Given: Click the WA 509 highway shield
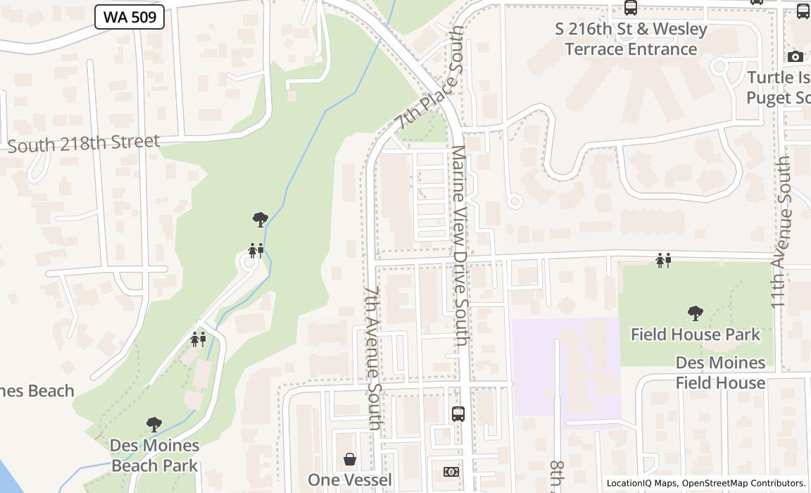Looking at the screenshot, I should click(x=130, y=18).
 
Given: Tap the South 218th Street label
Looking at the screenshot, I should click(x=84, y=144).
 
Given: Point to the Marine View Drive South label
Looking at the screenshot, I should click(x=460, y=246).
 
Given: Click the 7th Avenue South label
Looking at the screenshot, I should click(x=373, y=357).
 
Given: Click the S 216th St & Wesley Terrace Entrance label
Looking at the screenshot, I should click(x=631, y=39).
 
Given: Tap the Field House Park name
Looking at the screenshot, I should click(x=695, y=334).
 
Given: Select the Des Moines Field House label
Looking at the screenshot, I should click(x=720, y=373).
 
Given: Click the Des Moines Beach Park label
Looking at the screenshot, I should click(x=154, y=455).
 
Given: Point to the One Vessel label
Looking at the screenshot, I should click(x=350, y=480).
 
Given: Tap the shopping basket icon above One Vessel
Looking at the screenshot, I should click(x=350, y=460).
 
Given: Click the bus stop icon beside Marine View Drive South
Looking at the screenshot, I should click(x=458, y=413).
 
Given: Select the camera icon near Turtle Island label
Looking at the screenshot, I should click(x=796, y=56).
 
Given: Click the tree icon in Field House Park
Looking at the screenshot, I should click(x=695, y=313).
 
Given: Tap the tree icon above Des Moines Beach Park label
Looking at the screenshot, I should click(x=154, y=425).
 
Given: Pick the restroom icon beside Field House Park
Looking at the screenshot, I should click(x=663, y=261).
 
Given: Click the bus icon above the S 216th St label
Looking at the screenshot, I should click(x=631, y=8).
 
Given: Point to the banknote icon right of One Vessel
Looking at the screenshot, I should click(x=451, y=472).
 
